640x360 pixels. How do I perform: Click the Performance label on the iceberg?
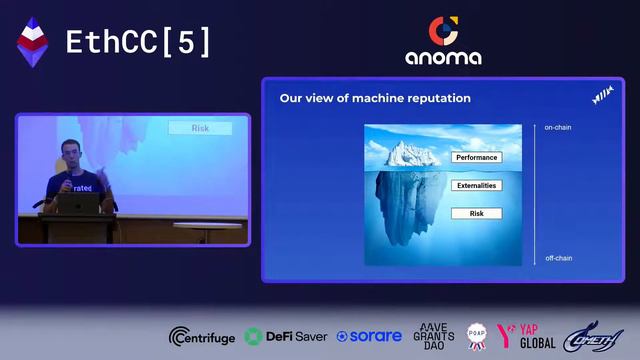coord(476,158)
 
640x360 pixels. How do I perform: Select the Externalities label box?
coord(476,186)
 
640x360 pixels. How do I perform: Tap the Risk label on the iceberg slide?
coord(476,214)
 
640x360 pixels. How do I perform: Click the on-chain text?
coord(557,128)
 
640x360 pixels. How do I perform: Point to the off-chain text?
coord(557,259)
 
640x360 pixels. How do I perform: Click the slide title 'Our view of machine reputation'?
coord(375,98)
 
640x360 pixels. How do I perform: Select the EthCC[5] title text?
coord(138,42)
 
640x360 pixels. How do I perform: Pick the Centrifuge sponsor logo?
coord(203,337)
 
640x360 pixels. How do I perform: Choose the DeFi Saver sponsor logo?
coord(286,337)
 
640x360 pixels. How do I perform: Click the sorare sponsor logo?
coord(369,337)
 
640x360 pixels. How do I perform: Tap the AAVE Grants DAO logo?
coord(434,337)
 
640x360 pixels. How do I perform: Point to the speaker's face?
coord(69,154)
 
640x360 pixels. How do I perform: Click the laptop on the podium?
coord(78,203)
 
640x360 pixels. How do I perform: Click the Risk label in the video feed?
coord(200,128)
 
